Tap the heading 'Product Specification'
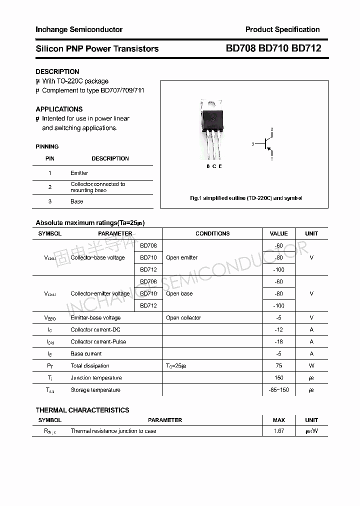(x=282, y=29)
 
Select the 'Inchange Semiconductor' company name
(x=79, y=29)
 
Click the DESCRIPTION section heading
(x=57, y=71)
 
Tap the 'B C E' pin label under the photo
(x=214, y=166)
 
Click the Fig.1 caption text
(x=246, y=198)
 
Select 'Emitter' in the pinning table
(x=79, y=173)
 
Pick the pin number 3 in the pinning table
(x=50, y=201)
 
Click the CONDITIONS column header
(x=212, y=233)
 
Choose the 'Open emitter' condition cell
(x=182, y=257)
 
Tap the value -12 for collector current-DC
(x=278, y=330)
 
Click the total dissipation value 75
(x=278, y=366)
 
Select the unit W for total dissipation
(x=311, y=366)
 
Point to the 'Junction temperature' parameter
(x=96, y=378)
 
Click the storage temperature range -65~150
(x=278, y=390)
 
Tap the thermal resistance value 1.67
(x=278, y=431)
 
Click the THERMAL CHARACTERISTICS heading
(x=82, y=410)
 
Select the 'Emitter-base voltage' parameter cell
(x=95, y=318)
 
